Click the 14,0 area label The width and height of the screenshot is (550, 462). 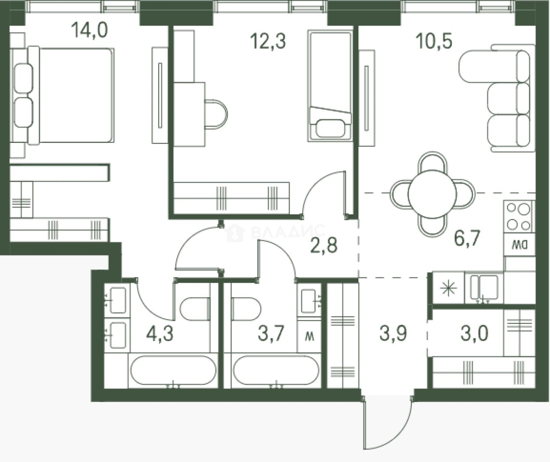pyautogui.click(x=89, y=30)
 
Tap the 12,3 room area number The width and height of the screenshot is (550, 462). pyautogui.click(x=268, y=41)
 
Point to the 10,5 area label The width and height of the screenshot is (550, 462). pyautogui.click(x=434, y=41)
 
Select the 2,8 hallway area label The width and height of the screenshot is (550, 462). pyautogui.click(x=324, y=245)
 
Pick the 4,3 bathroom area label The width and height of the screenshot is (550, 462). pyautogui.click(x=160, y=333)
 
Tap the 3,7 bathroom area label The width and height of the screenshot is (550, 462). pyautogui.click(x=271, y=333)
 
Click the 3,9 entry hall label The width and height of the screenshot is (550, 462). pyautogui.click(x=393, y=333)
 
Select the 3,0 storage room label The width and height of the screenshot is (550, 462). pyautogui.click(x=475, y=333)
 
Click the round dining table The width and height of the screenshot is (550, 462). pyautogui.click(x=432, y=195)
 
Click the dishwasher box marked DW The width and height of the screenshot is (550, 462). pyautogui.click(x=519, y=245)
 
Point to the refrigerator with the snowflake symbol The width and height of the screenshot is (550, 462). pyautogui.click(x=448, y=288)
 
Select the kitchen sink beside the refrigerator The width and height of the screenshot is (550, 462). pyautogui.click(x=484, y=288)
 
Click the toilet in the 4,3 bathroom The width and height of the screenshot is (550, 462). pyautogui.click(x=195, y=309)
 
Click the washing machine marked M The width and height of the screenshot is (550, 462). pyautogui.click(x=309, y=337)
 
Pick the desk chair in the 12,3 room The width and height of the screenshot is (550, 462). pyautogui.click(x=216, y=114)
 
